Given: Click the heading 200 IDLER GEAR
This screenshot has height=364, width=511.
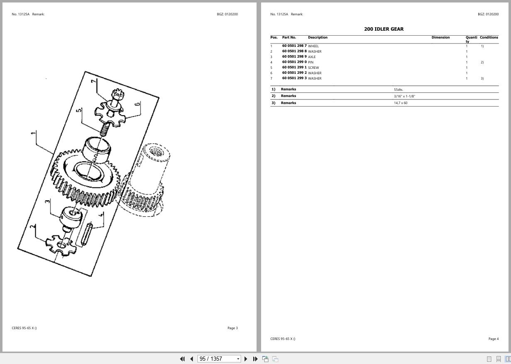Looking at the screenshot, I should [384, 29].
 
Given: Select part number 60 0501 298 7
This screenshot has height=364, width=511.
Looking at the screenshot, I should [294, 46].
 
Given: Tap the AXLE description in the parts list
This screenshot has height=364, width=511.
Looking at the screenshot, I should [312, 57].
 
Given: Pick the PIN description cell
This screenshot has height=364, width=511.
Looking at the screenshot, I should [311, 62].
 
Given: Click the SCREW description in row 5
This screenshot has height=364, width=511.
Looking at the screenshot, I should [313, 68].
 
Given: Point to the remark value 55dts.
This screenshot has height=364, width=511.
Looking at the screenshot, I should [399, 90].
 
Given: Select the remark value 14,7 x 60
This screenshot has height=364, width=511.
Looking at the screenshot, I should [401, 103].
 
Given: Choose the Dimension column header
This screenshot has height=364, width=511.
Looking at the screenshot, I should [440, 38].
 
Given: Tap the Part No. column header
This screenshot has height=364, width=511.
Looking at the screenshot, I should [289, 38].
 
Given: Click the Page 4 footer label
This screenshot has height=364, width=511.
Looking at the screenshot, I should [494, 339].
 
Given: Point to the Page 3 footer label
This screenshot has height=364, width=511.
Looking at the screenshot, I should [232, 328].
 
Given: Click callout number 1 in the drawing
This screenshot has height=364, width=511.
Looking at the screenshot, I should [33, 133].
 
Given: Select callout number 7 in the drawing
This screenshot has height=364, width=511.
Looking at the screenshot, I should [94, 81].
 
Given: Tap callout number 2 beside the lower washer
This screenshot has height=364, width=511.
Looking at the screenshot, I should [33, 227].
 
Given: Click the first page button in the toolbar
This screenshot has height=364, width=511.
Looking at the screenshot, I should [182, 359].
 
